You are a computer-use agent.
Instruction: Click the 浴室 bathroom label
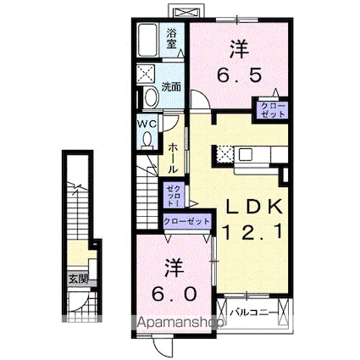coord(172,38)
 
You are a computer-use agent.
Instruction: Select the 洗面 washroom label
coord(172,85)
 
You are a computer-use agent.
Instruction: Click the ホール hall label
coord(174,158)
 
